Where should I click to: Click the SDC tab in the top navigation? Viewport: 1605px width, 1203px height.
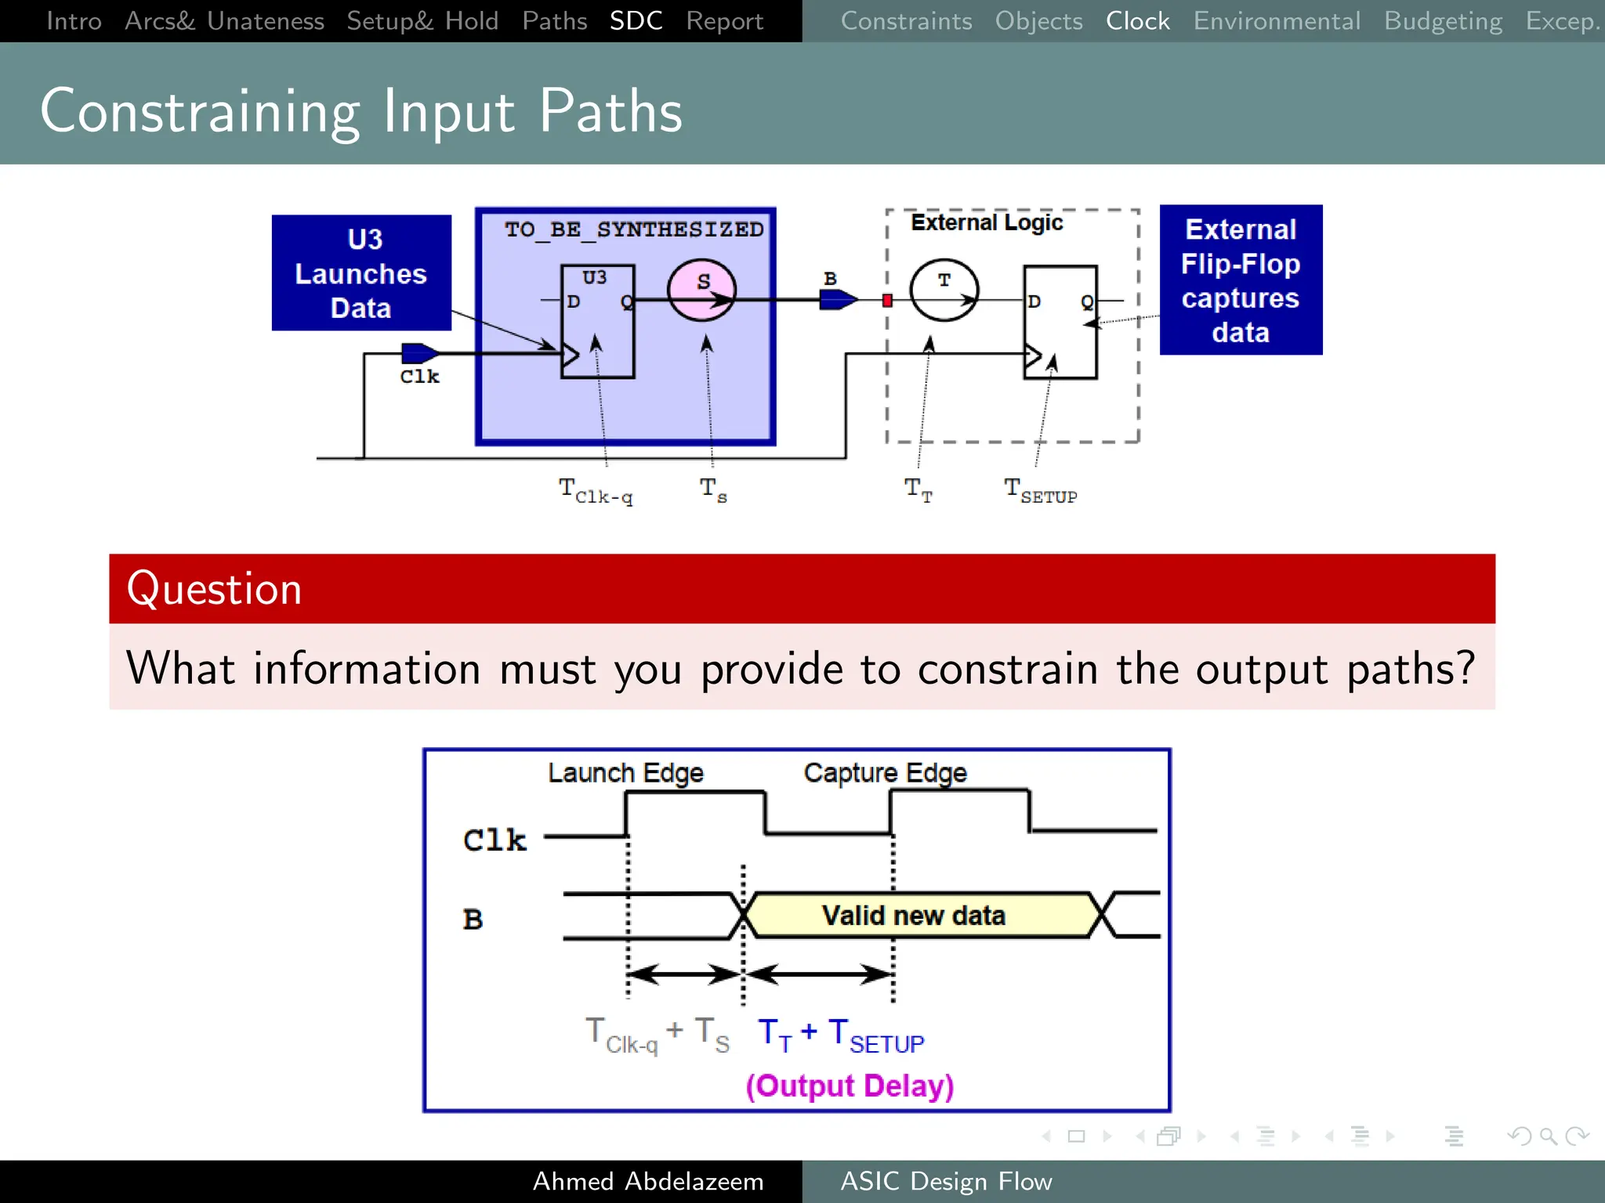636,21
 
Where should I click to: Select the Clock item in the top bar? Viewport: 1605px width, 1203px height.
1137,21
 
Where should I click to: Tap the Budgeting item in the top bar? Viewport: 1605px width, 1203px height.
1443,21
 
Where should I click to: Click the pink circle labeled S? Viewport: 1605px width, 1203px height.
702,291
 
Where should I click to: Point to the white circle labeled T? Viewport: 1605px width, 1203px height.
944,291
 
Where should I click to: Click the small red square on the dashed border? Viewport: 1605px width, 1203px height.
887,301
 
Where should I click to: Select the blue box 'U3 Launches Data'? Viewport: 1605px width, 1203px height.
361,273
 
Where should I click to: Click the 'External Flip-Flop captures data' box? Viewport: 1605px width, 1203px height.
1241,280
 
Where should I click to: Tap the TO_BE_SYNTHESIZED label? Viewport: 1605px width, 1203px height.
633,229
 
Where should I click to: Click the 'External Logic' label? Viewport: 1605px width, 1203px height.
987,223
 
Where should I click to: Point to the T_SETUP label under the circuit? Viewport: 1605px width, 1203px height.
1041,492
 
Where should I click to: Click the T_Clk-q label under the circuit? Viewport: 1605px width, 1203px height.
596,492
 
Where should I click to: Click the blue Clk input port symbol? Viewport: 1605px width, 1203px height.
418,353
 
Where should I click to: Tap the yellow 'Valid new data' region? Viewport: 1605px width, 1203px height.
914,915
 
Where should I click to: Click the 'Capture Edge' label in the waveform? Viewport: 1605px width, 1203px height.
885,773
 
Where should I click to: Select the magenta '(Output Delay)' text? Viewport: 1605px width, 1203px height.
850,1086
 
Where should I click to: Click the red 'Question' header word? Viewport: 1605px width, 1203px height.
214,589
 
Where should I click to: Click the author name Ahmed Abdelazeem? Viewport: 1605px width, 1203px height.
648,1181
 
